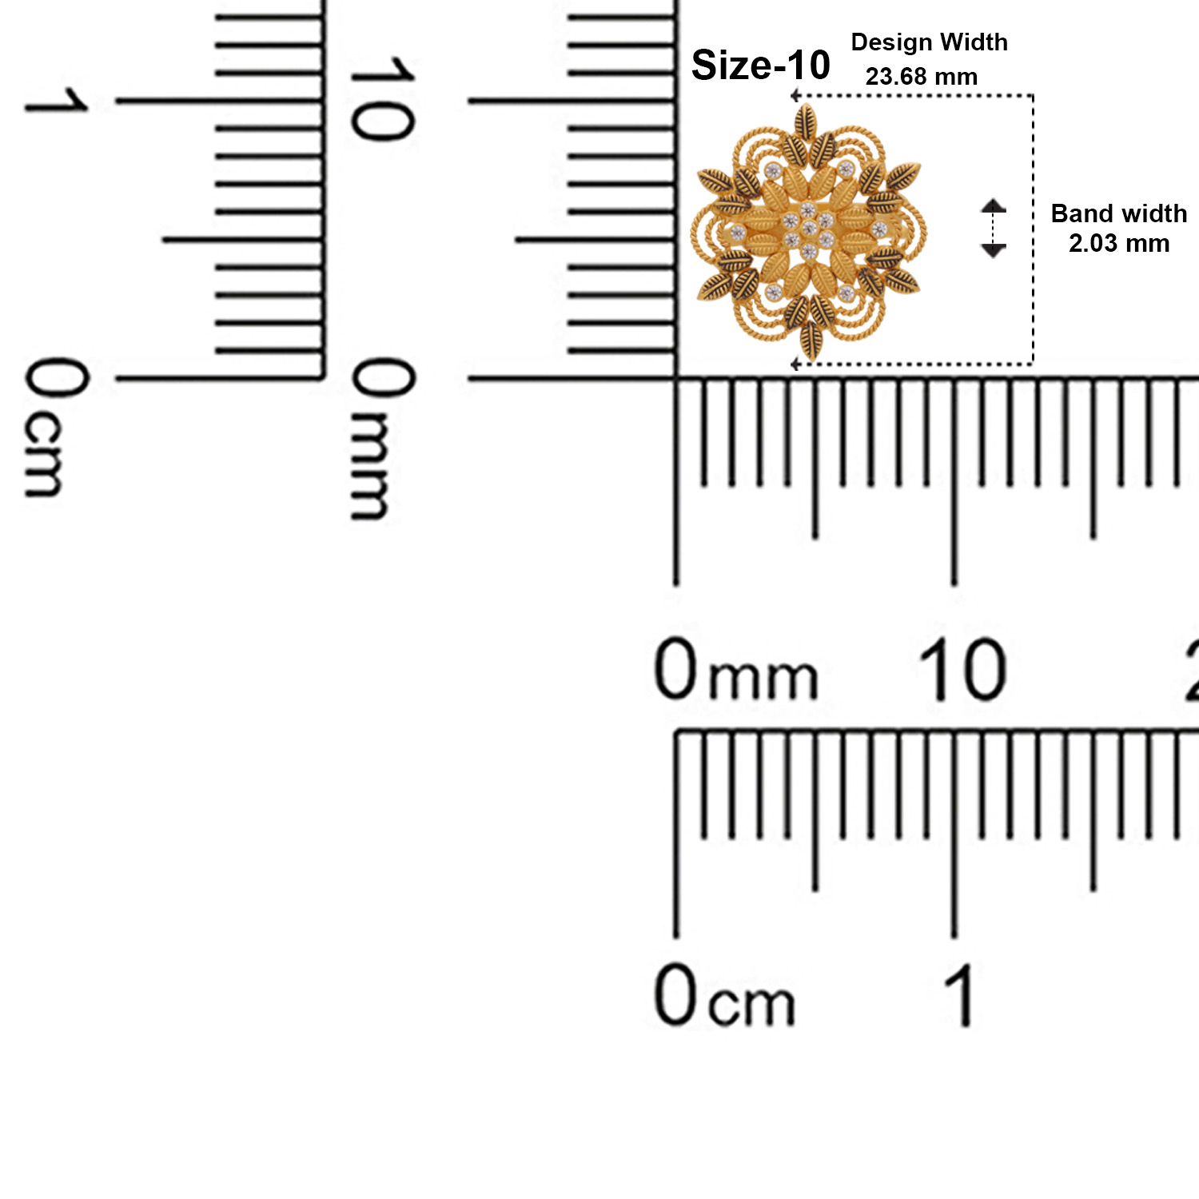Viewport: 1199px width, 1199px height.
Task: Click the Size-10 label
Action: coord(760,65)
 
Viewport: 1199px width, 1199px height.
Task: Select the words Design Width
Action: coord(929,43)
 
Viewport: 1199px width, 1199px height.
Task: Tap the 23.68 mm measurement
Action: coord(922,77)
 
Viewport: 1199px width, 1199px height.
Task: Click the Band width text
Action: coord(1118,213)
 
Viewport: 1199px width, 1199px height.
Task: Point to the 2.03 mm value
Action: coord(1119,243)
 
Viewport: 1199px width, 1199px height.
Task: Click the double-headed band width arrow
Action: coord(993,228)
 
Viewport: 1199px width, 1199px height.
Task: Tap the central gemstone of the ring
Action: coord(808,229)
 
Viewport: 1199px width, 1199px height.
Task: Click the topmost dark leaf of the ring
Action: coord(806,121)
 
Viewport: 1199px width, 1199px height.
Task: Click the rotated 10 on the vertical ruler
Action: coord(382,99)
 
